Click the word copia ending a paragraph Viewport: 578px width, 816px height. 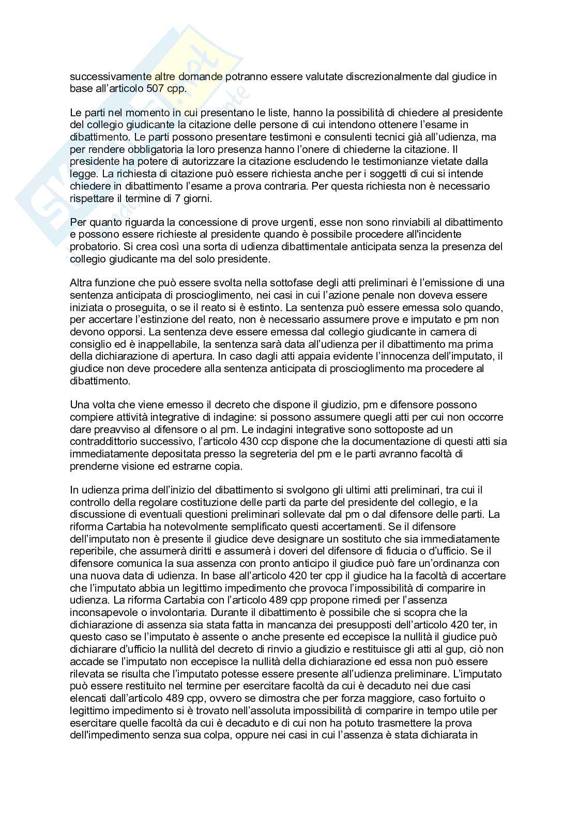pos(227,466)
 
